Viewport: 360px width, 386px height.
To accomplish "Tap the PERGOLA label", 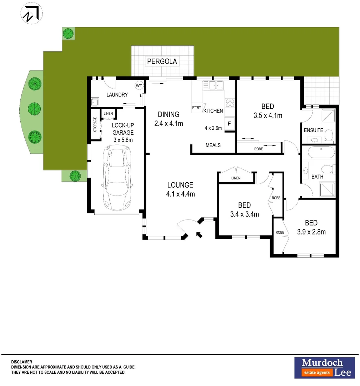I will click(162, 61).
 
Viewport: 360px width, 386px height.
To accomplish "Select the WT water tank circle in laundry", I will click(139, 86).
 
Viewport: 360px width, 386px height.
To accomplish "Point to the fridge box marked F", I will click(229, 124).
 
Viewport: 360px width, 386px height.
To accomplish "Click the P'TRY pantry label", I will click(196, 108).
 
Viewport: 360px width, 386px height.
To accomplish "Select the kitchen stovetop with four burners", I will click(229, 103).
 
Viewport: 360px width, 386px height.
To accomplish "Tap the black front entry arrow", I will click(199, 234).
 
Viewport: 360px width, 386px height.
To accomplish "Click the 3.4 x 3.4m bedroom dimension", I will click(244, 214).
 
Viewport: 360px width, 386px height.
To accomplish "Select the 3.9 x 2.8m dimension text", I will click(311, 232).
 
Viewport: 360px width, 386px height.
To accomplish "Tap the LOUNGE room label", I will click(180, 185).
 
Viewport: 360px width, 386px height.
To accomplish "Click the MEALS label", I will click(213, 145).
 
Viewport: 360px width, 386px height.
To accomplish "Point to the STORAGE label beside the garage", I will click(95, 124).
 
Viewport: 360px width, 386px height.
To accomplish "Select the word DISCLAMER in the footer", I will click(22, 362).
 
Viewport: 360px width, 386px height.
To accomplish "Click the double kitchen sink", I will click(213, 85).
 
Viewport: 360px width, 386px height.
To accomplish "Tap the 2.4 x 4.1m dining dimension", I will click(169, 124).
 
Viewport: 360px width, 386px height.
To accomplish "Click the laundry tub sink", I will click(94, 103).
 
